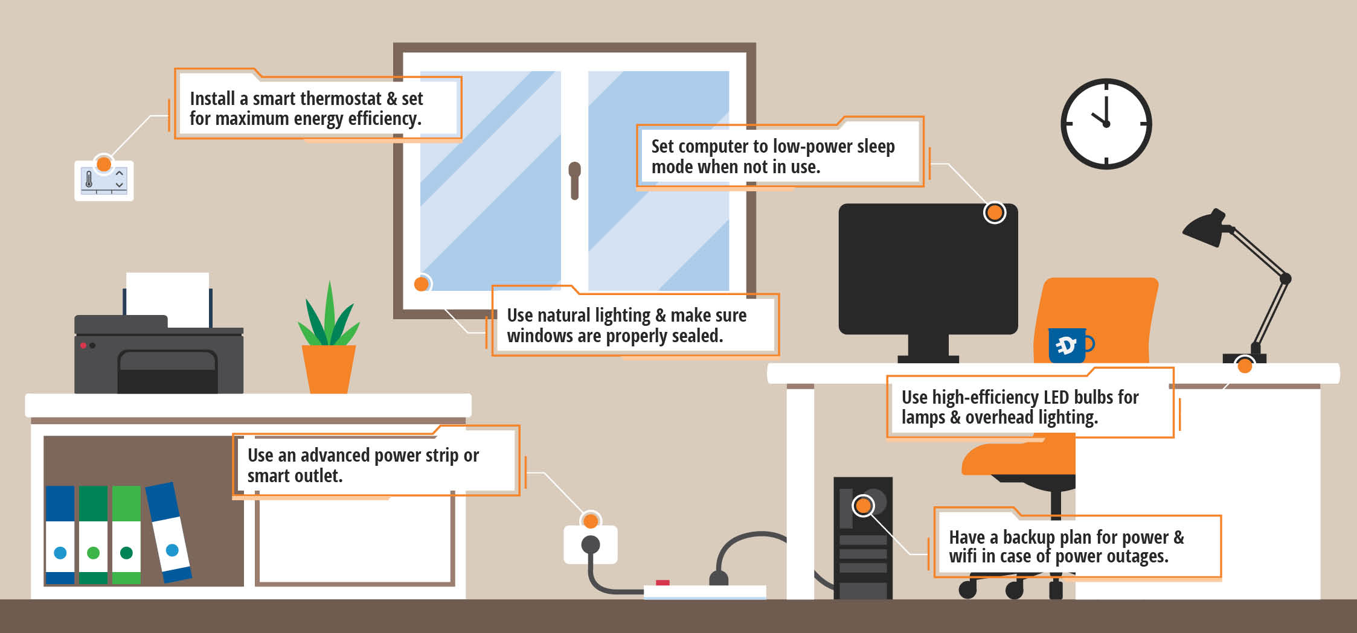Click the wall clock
(1106, 124)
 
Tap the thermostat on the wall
(104, 181)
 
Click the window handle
(574, 180)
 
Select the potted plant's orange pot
(329, 369)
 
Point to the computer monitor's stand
(928, 349)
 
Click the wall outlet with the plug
(591, 544)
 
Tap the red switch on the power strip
(662, 582)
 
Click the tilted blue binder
(168, 532)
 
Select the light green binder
(126, 535)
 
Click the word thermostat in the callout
(336, 98)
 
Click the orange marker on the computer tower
(864, 505)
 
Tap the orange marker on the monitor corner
(995, 212)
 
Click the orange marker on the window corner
(422, 284)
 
